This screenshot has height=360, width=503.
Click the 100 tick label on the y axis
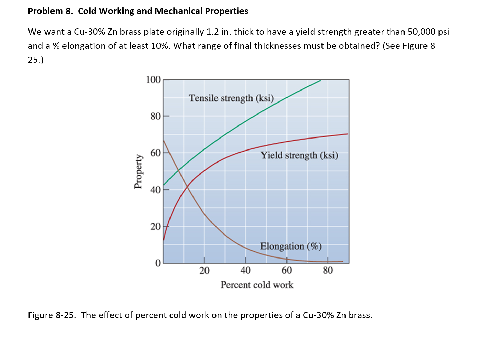tap(153, 80)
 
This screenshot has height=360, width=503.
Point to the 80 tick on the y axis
tap(155, 117)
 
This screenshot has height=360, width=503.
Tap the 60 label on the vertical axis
tap(155, 153)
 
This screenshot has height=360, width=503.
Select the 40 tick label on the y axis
tap(155, 190)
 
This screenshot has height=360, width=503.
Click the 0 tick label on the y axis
tap(158, 263)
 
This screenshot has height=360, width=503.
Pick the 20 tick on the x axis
tap(204, 271)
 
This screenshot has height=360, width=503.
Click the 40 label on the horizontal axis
tap(245, 271)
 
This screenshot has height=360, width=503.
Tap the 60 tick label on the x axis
tap(287, 271)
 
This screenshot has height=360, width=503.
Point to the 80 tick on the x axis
tap(328, 271)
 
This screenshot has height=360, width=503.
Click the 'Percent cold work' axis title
tap(257, 285)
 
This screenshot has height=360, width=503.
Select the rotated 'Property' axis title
tap(138, 171)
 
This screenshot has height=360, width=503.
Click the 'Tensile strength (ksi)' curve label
tap(231, 98)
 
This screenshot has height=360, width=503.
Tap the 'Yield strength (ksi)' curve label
tap(299, 155)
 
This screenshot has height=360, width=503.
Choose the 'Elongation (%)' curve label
tap(291, 246)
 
